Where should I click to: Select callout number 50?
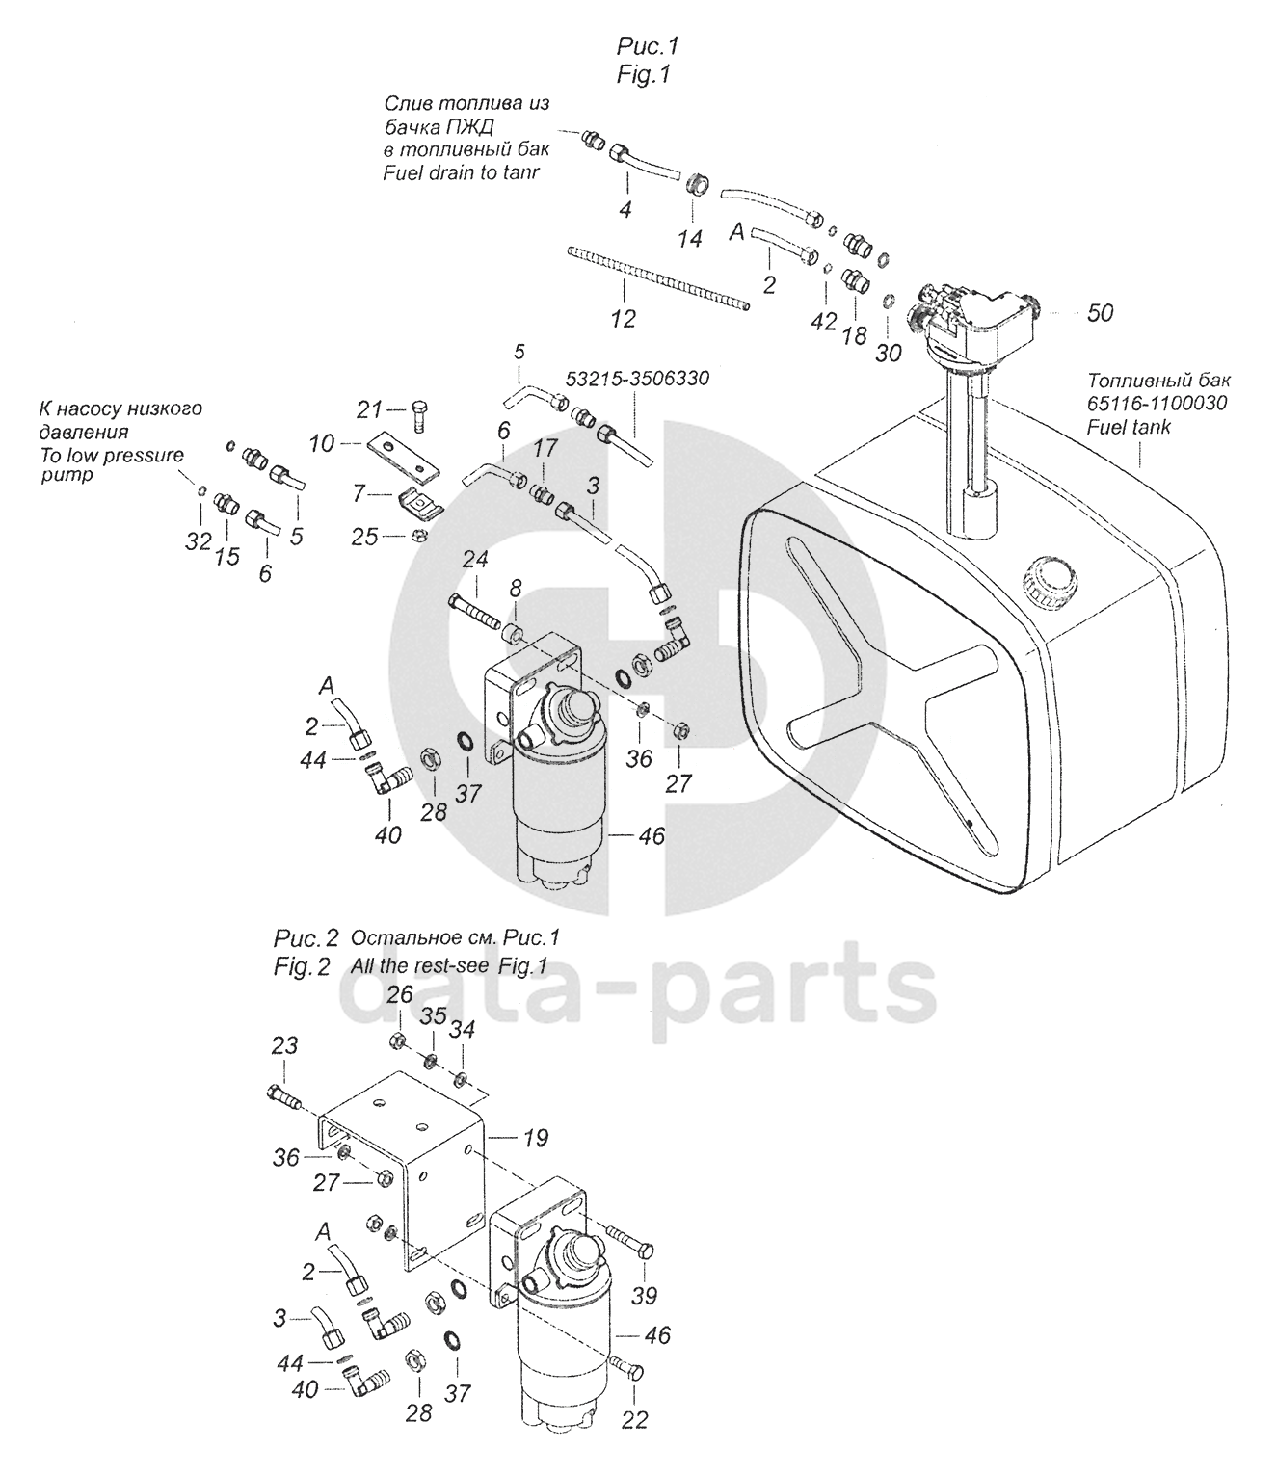1100,312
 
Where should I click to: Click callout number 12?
624,318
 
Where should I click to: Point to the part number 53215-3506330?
638,379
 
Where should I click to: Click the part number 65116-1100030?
1157,403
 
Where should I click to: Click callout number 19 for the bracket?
535,1138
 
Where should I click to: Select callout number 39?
645,1295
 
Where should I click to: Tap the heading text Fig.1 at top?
644,75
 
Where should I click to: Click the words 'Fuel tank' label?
1129,427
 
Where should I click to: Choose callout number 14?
689,238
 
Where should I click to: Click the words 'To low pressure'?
112,456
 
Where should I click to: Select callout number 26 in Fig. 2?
400,994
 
